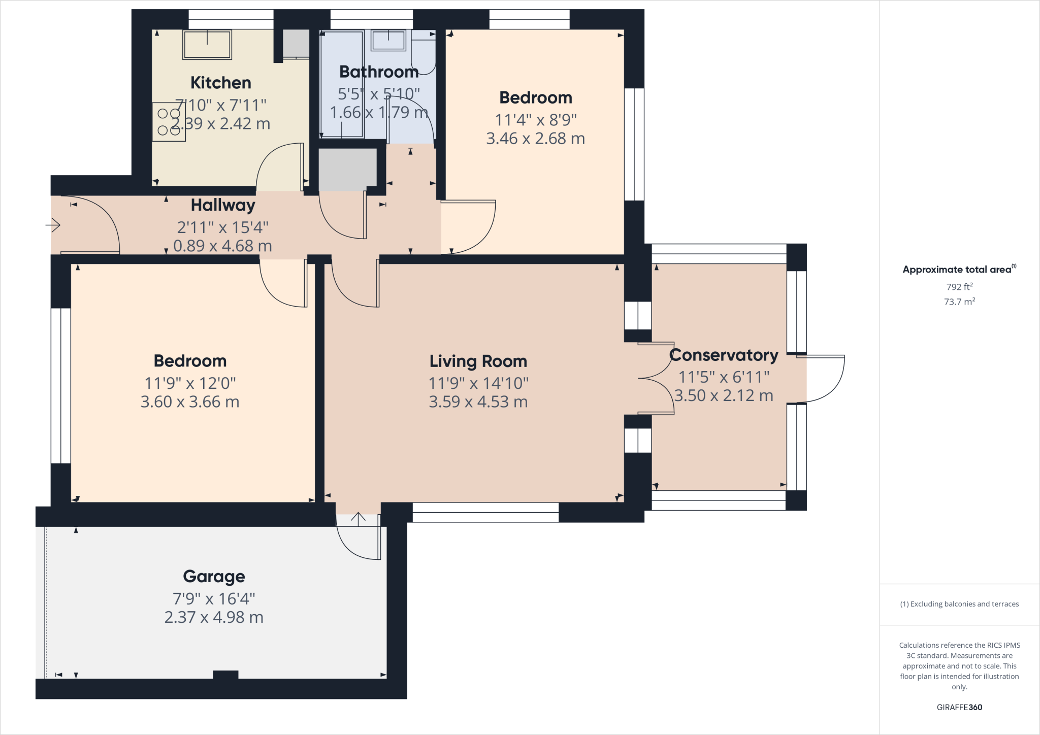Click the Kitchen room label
[220, 83]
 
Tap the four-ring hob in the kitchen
[169, 122]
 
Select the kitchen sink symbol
[207, 45]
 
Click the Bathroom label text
[379, 72]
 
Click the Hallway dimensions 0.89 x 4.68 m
[222, 246]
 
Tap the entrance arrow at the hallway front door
[53, 224]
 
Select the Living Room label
[478, 361]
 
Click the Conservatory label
[723, 355]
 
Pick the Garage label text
[214, 577]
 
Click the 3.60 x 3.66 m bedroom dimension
[189, 402]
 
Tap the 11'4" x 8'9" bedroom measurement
[535, 120]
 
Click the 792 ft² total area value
[959, 287]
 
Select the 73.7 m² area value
[959, 302]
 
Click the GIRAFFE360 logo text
[959, 707]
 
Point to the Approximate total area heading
[959, 270]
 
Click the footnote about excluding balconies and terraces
[959, 604]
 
